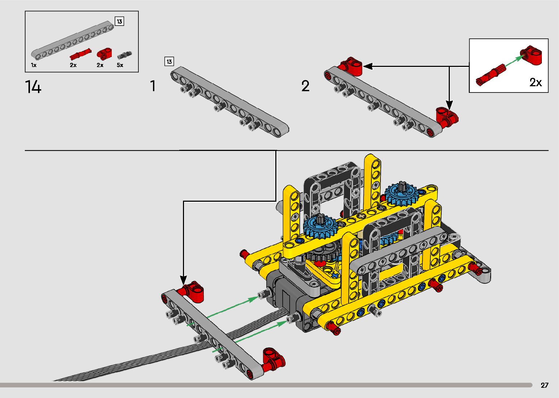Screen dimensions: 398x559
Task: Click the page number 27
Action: click(544, 385)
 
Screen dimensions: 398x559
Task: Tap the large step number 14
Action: click(33, 87)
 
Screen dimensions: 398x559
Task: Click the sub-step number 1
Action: click(153, 86)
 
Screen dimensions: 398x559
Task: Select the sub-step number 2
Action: click(305, 86)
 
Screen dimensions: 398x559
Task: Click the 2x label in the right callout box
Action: click(535, 82)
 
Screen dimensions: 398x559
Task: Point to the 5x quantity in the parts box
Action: click(120, 65)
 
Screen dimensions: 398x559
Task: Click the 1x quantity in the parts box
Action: click(34, 65)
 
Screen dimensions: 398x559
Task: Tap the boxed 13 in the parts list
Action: click(119, 22)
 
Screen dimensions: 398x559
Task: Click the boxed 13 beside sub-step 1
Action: click(169, 61)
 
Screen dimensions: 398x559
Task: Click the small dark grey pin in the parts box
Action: click(124, 55)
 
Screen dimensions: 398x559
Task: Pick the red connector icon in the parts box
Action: click(104, 54)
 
